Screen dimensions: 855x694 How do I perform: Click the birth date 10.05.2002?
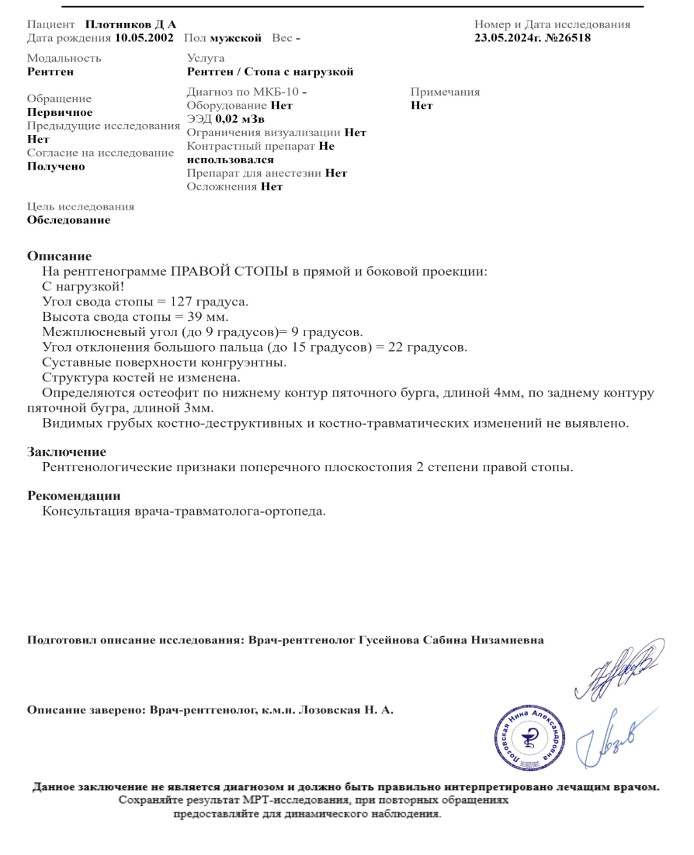pyautogui.click(x=144, y=38)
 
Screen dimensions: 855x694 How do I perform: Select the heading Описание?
pyautogui.click(x=59, y=256)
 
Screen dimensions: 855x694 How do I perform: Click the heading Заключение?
pyautogui.click(x=66, y=452)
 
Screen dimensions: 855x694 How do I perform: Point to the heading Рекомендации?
pyautogui.click(x=73, y=496)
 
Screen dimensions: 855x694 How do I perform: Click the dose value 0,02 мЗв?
pyautogui.click(x=240, y=119)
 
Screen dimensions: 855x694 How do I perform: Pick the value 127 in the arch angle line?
pyautogui.click(x=181, y=301)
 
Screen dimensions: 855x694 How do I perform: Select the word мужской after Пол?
pyautogui.click(x=236, y=38)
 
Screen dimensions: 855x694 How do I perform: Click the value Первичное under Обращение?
pyautogui.click(x=60, y=113)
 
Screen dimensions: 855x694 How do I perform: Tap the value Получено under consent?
pyautogui.click(x=56, y=166)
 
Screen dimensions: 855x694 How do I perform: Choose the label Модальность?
pyautogui.click(x=64, y=59)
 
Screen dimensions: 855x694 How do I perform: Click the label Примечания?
pyautogui.click(x=445, y=92)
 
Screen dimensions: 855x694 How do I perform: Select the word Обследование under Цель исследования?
pyautogui.click(x=69, y=221)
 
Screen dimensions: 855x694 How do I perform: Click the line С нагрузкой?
pyautogui.click(x=83, y=287)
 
